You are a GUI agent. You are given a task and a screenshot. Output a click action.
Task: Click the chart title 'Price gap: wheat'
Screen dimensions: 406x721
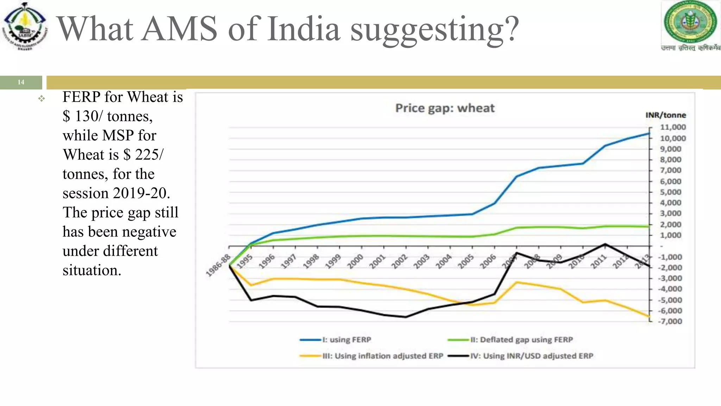click(x=445, y=108)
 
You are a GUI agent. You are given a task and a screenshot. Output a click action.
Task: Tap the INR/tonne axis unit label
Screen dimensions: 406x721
click(x=665, y=115)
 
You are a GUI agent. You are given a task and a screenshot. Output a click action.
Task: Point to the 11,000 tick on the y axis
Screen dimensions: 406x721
click(x=672, y=127)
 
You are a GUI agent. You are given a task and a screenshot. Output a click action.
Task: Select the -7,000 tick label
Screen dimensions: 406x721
click(x=670, y=321)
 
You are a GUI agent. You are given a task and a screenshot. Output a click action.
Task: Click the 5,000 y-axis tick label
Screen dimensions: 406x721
click(x=670, y=192)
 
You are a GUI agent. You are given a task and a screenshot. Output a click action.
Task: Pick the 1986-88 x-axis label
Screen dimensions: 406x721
click(x=219, y=265)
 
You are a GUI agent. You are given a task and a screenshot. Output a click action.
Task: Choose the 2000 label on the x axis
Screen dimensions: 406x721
click(x=355, y=262)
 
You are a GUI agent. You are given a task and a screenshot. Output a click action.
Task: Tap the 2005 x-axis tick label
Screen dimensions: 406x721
click(x=466, y=262)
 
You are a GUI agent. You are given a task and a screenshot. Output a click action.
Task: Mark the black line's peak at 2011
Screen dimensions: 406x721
click(x=605, y=244)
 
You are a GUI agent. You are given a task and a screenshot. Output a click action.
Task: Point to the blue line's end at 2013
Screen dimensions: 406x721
click(x=649, y=134)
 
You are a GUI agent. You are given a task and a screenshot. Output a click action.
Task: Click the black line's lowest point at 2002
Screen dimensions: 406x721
click(x=406, y=317)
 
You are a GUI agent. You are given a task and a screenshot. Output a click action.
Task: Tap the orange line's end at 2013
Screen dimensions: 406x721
click(x=649, y=316)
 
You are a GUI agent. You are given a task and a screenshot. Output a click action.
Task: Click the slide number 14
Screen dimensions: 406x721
click(x=21, y=82)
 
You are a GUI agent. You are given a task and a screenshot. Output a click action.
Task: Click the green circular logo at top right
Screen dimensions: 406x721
click(x=690, y=22)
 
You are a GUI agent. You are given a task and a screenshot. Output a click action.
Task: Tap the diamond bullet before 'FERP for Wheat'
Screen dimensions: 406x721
click(x=42, y=99)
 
